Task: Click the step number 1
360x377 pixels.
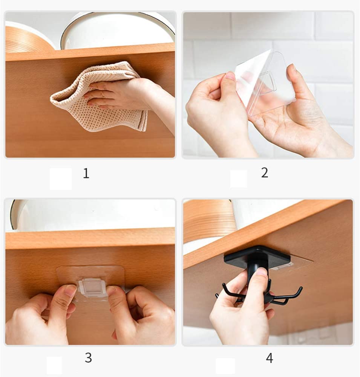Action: (x=86, y=173)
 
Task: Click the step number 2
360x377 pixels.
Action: (x=265, y=172)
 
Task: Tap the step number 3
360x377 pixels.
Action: (x=88, y=358)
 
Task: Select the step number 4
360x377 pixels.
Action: (x=270, y=358)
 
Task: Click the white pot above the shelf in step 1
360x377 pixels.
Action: (x=118, y=30)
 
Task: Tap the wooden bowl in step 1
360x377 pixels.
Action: (x=26, y=40)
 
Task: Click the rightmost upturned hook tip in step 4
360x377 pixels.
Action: (x=300, y=288)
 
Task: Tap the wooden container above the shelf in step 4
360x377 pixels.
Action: (x=208, y=221)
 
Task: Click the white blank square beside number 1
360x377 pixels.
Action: (x=61, y=179)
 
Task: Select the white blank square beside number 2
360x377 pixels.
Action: (x=239, y=179)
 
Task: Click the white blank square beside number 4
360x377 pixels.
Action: (x=225, y=366)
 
